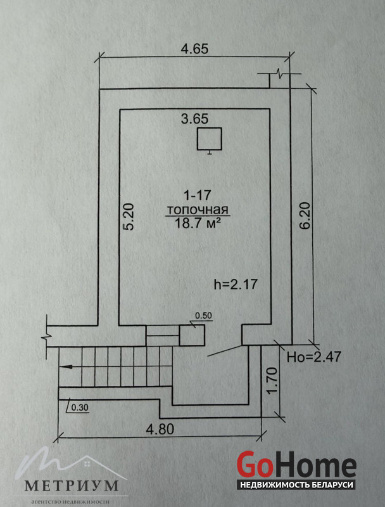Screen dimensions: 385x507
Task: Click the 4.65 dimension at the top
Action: coord(195,49)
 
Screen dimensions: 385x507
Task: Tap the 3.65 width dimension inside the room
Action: coord(195,119)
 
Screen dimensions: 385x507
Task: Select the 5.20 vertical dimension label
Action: coord(129,216)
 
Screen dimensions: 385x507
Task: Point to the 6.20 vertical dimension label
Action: coord(306,215)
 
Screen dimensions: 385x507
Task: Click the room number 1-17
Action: coord(197,195)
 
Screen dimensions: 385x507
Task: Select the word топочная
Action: coord(198,210)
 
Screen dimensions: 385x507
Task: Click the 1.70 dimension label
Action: coord(273,381)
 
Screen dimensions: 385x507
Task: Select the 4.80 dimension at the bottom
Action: coord(160,430)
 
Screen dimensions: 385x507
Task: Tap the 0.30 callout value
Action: coord(79,408)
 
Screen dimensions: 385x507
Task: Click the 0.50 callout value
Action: coord(205,316)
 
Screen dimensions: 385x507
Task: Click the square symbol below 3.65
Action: coord(210,139)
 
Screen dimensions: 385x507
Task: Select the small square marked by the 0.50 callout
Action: coord(192,335)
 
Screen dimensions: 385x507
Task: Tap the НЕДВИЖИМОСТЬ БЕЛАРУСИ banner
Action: coord(296,485)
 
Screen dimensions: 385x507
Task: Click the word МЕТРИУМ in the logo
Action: coord(72,486)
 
